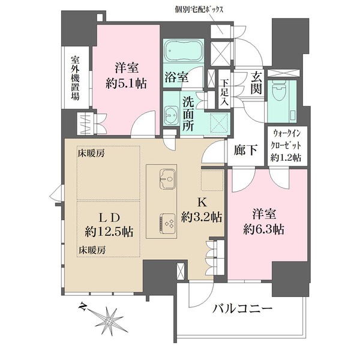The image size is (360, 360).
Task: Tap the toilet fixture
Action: [279, 89]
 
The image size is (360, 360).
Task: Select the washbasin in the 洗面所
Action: [171, 113]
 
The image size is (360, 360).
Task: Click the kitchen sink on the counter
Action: [167, 179]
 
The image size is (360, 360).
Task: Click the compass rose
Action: [109, 320]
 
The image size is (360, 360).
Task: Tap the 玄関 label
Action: [256, 82]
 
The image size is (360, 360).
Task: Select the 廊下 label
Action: [245, 151]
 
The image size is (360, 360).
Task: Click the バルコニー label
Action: [242, 308]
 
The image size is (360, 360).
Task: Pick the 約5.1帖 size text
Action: [126, 83]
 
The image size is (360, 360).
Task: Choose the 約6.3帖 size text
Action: [264, 229]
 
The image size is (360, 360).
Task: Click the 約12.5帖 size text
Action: [109, 232]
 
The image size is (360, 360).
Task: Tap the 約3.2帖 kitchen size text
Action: [202, 217]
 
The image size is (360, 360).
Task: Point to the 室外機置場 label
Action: [75, 78]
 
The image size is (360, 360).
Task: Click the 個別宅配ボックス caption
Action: [199, 10]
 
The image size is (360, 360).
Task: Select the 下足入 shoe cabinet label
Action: [224, 92]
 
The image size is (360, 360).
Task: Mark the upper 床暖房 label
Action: [91, 154]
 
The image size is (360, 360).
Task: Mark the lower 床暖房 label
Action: [92, 250]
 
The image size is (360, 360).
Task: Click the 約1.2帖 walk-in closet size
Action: [286, 157]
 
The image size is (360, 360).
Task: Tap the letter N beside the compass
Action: [82, 307]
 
